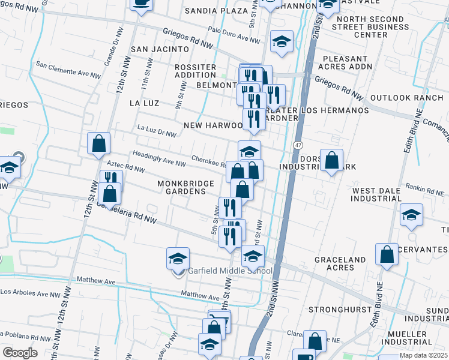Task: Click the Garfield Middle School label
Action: [x=231, y=271]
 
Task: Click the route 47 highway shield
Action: [x=298, y=145]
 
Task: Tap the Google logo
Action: [x=20, y=353]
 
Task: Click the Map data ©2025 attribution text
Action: [x=424, y=355]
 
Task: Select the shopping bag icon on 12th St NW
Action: [x=99, y=144]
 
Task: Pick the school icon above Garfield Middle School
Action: [x=178, y=259]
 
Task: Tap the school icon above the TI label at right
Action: [x=411, y=215]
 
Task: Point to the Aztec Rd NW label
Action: [x=125, y=166]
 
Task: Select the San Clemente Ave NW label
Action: [x=68, y=69]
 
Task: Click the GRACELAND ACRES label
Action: [x=340, y=263]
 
